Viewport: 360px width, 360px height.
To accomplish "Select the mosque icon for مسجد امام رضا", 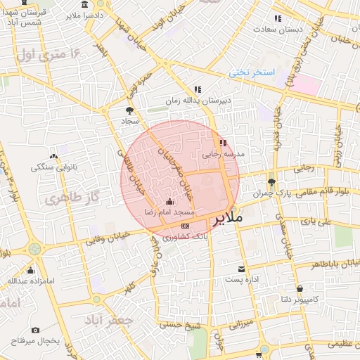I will (168, 202).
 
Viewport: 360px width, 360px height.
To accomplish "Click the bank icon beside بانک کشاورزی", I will (185, 226).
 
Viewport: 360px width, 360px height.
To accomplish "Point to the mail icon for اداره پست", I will (242, 269).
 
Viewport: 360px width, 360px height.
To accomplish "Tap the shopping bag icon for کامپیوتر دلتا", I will (300, 288).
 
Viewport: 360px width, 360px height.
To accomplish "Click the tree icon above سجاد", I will (129, 110).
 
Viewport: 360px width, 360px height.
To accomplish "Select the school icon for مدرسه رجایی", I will (223, 143).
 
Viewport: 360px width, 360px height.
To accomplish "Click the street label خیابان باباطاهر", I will (329, 265).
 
